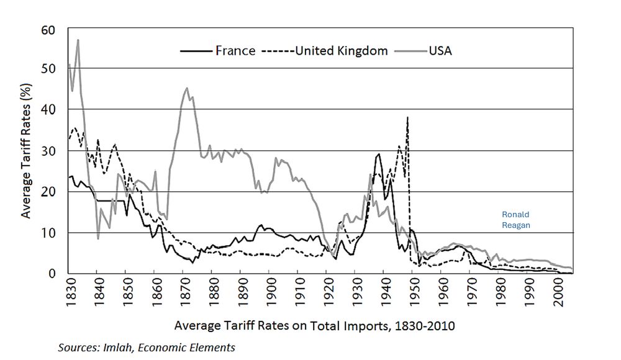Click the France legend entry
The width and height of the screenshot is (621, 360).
point(235,51)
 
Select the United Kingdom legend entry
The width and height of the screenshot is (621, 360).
point(341,51)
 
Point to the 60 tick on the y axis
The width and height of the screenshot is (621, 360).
point(49,30)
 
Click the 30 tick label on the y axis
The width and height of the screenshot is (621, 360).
point(49,151)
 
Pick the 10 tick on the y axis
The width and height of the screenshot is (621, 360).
point(49,233)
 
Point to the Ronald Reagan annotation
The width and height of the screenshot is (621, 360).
point(516,220)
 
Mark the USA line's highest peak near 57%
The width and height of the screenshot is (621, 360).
point(78,40)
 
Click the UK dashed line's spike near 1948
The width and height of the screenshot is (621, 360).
point(407,117)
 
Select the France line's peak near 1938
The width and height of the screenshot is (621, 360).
point(378,154)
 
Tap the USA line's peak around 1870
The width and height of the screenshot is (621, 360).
point(187,88)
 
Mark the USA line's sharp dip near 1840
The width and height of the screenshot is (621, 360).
point(98,238)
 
